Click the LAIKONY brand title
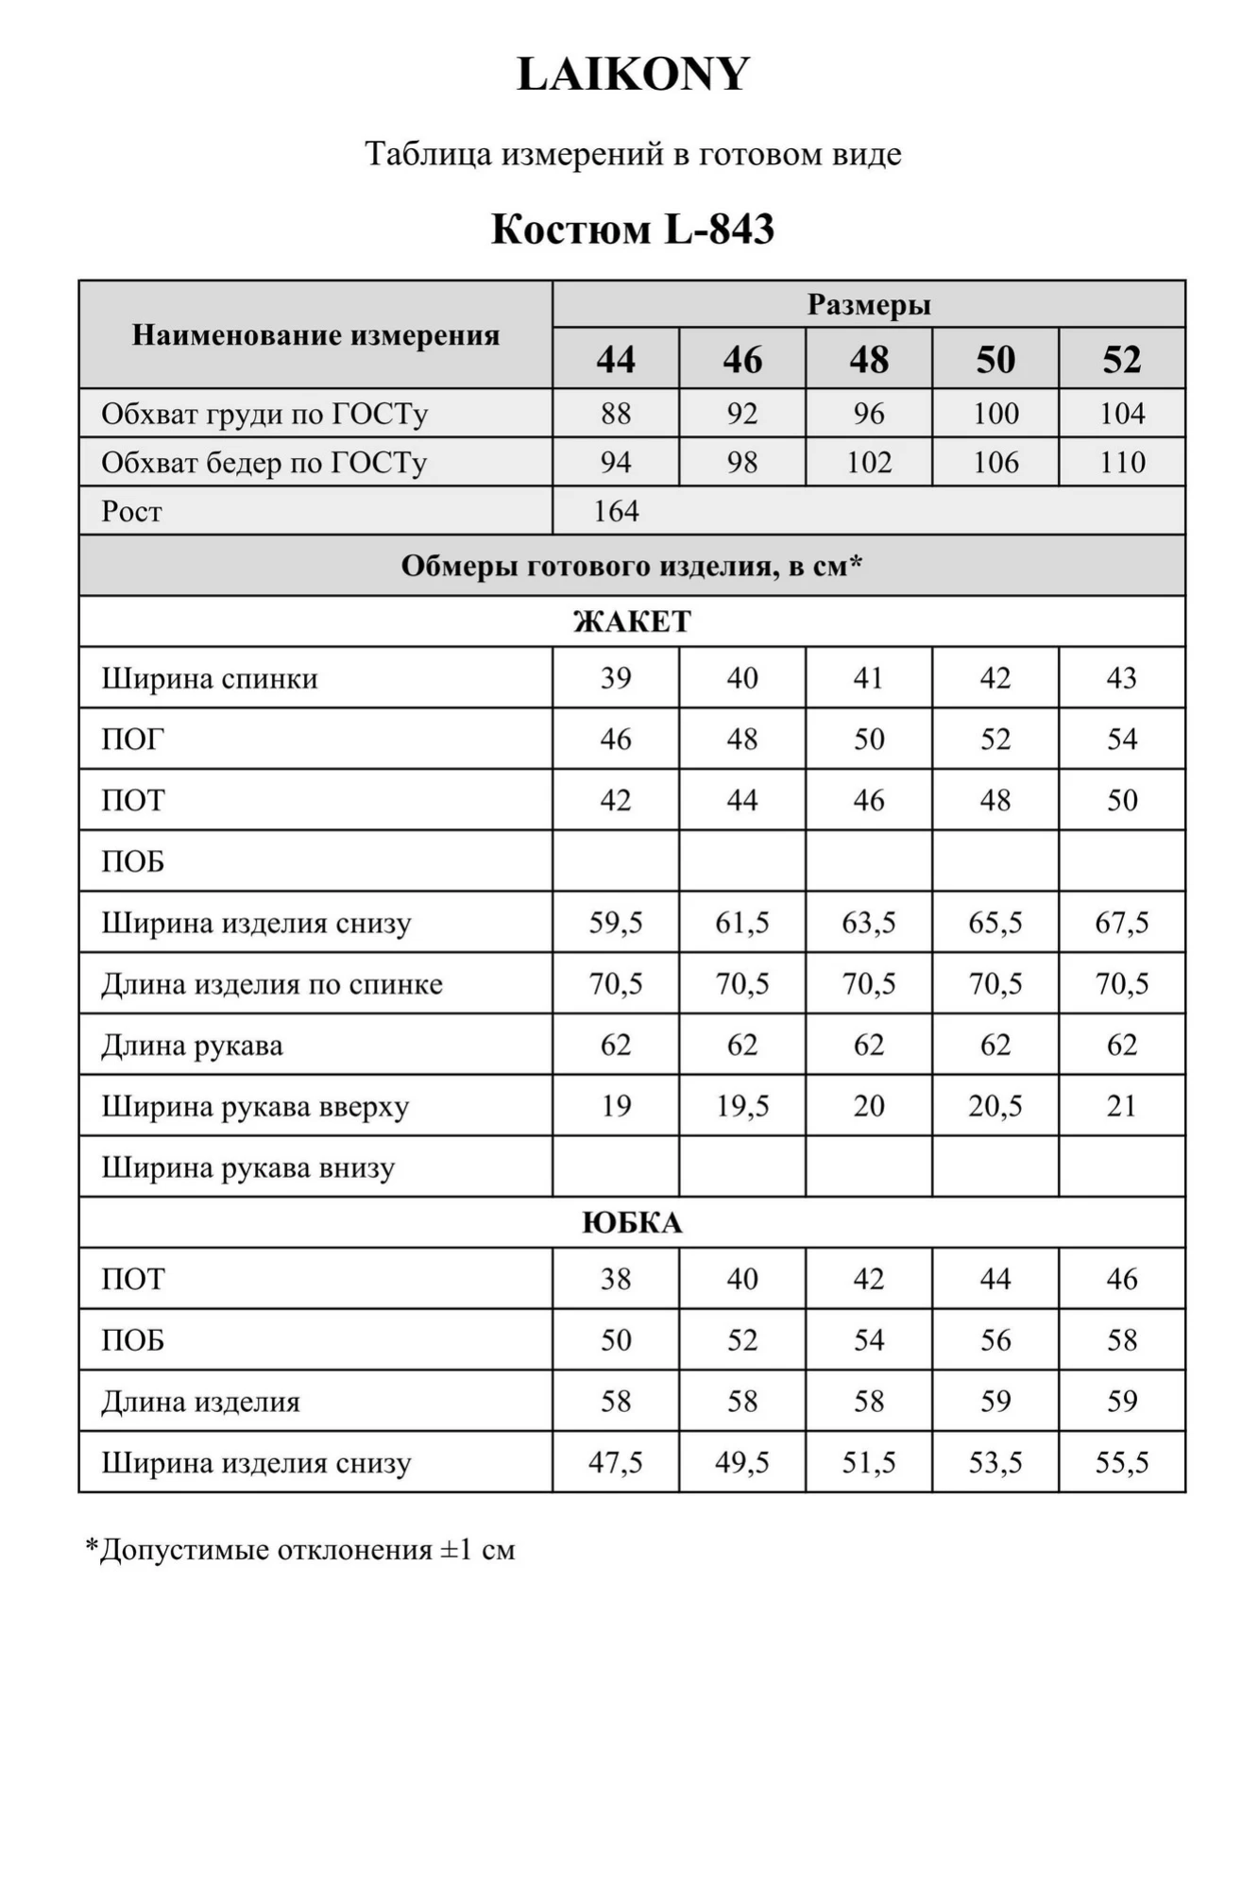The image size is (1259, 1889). click(633, 75)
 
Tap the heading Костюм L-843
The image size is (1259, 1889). click(633, 230)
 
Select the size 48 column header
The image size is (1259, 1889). click(869, 360)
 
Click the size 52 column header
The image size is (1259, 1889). click(1122, 360)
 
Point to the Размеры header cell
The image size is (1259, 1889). click(869, 305)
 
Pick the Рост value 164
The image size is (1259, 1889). click(616, 511)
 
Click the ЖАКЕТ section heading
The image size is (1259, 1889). click(632, 621)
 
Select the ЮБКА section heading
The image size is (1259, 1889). click(632, 1223)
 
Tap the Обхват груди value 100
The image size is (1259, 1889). click(995, 414)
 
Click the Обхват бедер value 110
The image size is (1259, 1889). click(1122, 463)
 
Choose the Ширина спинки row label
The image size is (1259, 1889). click(210, 678)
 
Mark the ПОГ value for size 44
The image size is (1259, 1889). click(616, 739)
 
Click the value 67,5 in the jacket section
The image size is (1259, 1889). click(1122, 923)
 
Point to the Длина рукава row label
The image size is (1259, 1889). click(193, 1046)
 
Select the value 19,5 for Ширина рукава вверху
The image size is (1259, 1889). click(742, 1106)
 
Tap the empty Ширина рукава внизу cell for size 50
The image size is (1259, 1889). click(995, 1167)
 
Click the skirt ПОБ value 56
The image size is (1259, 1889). click(995, 1340)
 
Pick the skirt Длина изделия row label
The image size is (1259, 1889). click(201, 1402)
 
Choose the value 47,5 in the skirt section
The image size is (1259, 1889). click(616, 1463)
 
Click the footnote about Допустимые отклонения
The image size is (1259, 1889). click(300, 1550)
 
